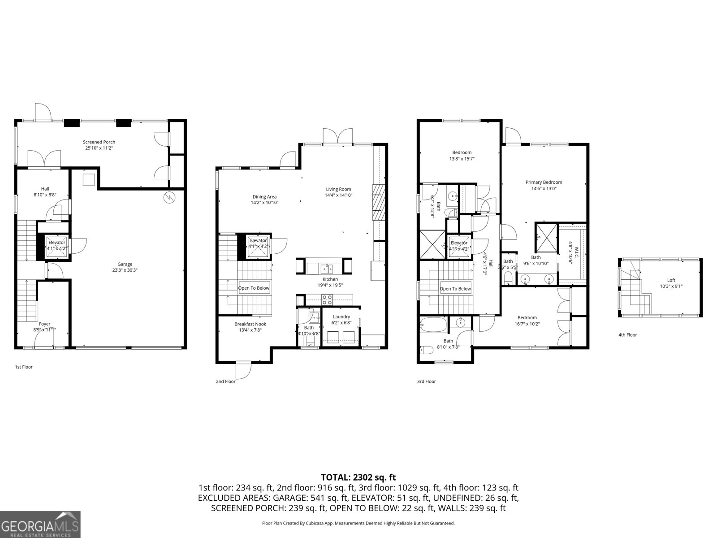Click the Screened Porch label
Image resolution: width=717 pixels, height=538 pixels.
[99, 142]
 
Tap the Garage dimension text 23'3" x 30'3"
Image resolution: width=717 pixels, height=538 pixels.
[125, 270]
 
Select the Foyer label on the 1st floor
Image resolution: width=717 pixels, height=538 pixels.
[44, 324]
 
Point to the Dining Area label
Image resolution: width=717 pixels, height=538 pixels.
[264, 196]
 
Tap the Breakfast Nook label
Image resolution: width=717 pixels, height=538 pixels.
[250, 324]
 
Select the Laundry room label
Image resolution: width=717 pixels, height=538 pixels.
[341, 317]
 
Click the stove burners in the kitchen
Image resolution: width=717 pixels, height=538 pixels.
[327, 298]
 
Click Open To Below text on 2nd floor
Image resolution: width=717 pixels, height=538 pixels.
[254, 288]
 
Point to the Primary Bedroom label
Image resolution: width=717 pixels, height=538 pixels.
[544, 182]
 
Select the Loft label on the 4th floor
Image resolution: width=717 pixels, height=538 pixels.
[671, 280]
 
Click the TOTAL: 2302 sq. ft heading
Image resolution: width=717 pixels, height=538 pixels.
[358, 477]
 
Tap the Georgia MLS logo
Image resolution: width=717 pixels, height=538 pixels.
[40, 524]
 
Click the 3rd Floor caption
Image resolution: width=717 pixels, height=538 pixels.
[426, 382]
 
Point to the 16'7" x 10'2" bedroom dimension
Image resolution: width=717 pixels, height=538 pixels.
[527, 324]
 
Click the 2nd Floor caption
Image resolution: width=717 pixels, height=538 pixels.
[225, 382]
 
